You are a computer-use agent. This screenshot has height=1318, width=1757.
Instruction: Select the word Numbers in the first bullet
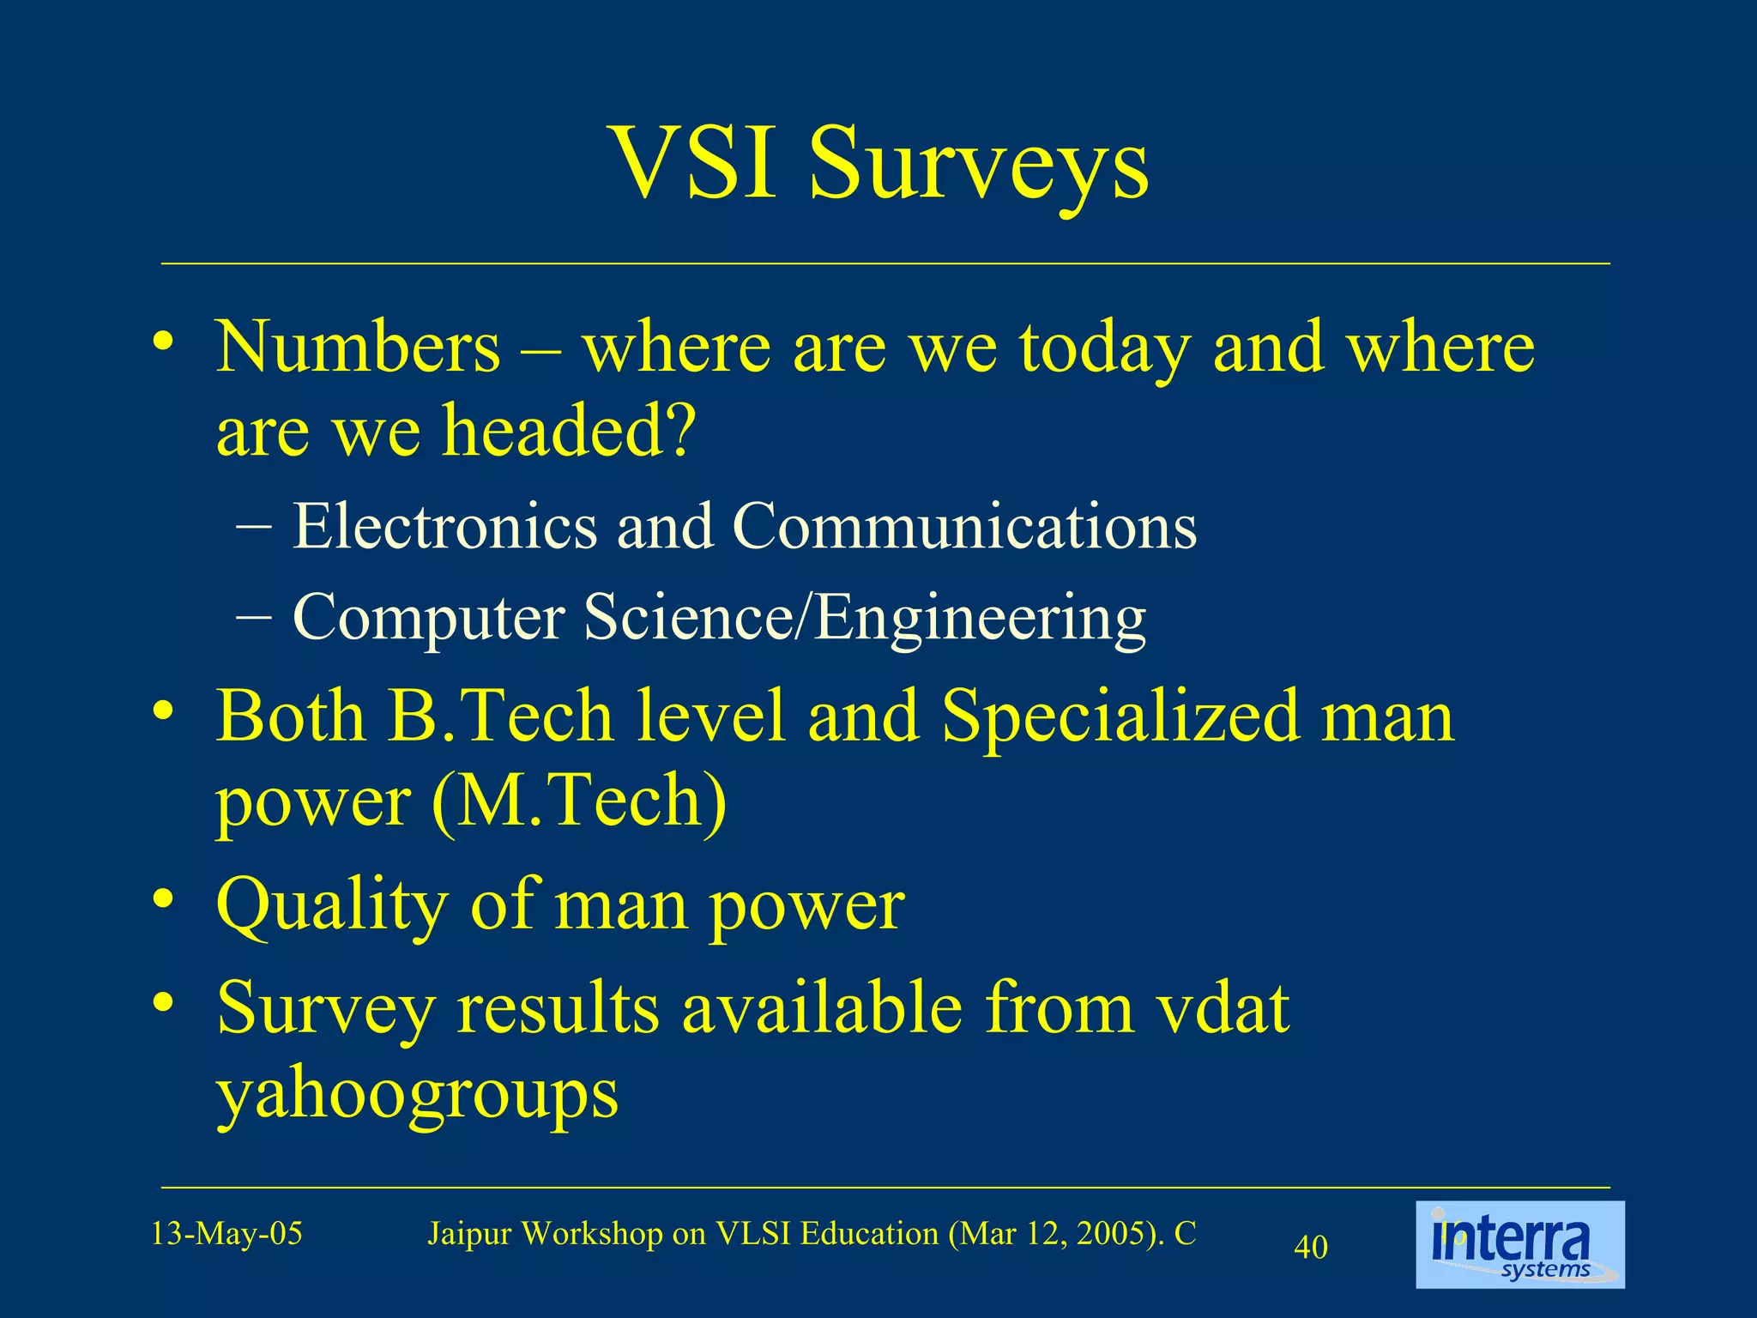click(x=358, y=347)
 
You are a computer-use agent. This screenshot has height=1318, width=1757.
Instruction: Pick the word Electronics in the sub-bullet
click(x=444, y=526)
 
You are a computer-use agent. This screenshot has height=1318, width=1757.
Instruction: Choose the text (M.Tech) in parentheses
click(x=579, y=800)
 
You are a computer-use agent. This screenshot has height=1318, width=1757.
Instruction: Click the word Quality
click(x=332, y=906)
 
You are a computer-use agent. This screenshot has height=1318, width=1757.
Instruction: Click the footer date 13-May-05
click(x=226, y=1234)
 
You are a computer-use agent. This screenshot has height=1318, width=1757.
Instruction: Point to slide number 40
click(x=1310, y=1247)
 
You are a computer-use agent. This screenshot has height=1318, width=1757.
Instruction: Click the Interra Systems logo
click(x=1519, y=1244)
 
